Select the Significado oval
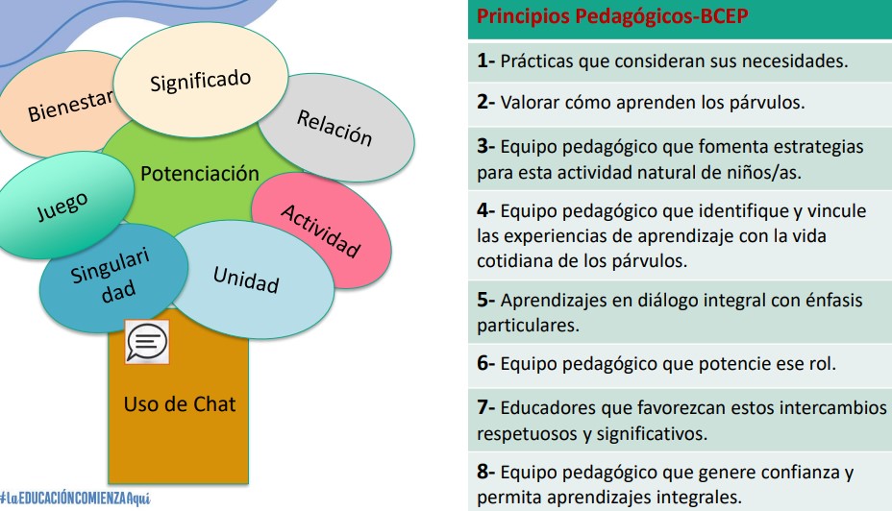point(201,80)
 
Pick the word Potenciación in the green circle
point(200,173)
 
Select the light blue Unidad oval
point(250,280)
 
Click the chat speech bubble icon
point(147,342)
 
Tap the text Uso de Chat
point(179,404)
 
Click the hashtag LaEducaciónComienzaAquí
point(75,499)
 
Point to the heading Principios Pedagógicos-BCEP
point(612,16)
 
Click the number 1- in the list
point(485,61)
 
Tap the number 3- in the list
point(485,146)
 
